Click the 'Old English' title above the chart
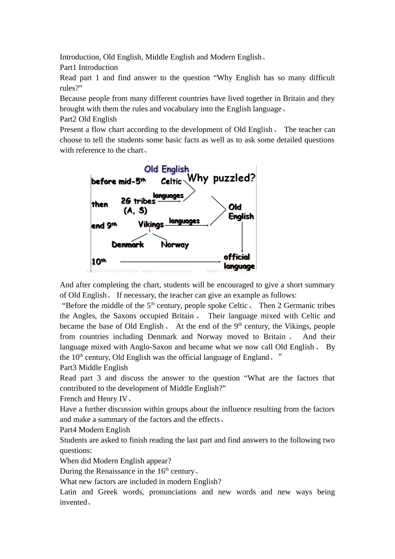166,169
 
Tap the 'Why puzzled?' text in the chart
221,178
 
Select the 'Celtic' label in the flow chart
171,181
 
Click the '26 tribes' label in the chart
138,201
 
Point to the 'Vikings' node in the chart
151,225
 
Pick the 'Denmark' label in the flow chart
128,245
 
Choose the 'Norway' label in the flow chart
175,245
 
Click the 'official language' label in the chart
239,262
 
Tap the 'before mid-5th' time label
118,181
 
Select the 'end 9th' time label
104,225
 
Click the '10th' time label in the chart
99,262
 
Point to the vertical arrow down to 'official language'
242,236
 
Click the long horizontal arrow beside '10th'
170,262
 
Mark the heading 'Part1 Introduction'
89,67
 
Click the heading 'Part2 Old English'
88,119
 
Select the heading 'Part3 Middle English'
94,368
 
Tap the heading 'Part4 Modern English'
95,430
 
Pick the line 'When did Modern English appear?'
115,461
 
